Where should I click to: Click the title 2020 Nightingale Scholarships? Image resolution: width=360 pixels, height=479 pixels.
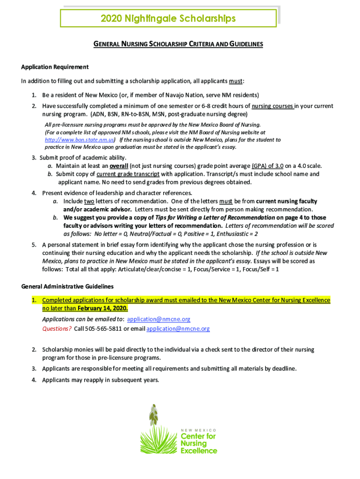[168, 18]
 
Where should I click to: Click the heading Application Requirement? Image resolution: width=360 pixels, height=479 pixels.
[55, 67]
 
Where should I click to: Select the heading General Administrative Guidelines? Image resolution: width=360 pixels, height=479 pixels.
[67, 286]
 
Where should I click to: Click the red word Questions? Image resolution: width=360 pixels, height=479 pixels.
[57, 328]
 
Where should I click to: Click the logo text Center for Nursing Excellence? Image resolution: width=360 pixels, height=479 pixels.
[199, 443]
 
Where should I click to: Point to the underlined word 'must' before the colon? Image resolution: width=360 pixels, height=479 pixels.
[235, 81]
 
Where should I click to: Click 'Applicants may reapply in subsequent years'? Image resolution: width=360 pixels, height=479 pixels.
[101, 380]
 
